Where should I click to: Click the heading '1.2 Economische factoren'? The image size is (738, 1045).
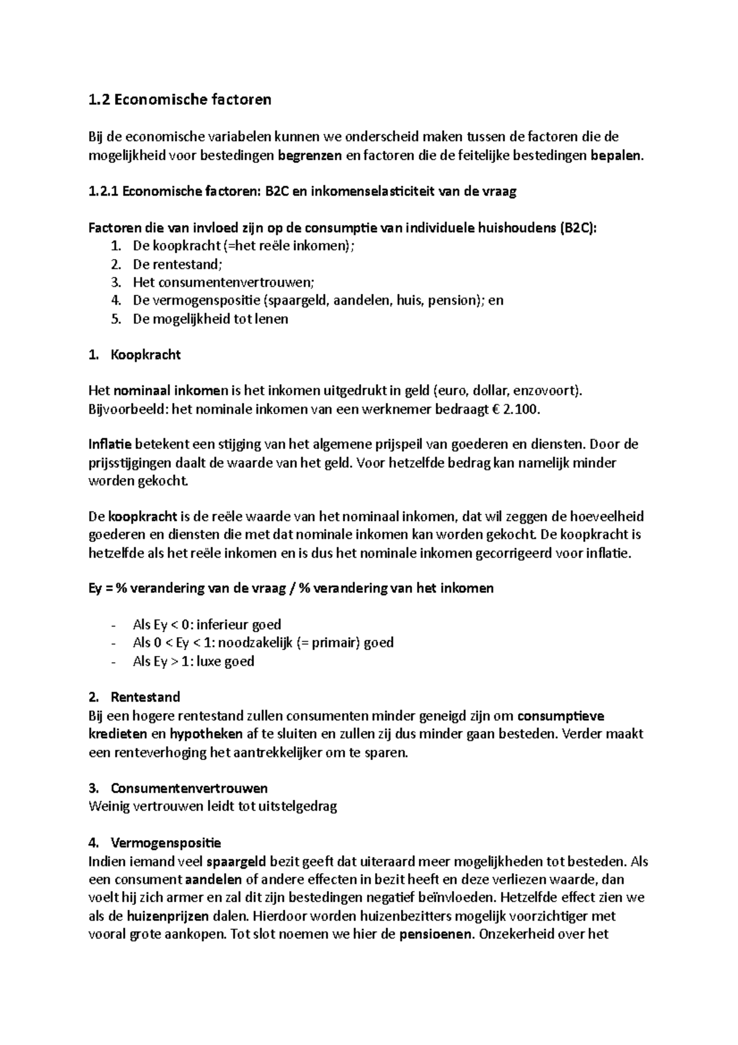click(180, 100)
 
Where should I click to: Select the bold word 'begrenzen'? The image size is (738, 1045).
click(309, 155)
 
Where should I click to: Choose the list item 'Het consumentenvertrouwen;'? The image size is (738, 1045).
click(223, 282)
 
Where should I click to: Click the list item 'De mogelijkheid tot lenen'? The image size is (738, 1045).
click(210, 319)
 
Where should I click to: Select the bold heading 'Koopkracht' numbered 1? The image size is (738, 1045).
click(146, 355)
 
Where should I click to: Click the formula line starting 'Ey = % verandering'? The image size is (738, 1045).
click(291, 588)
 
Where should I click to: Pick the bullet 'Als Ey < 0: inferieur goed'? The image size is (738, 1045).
click(207, 625)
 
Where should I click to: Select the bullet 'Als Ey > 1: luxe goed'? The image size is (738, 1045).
click(193, 662)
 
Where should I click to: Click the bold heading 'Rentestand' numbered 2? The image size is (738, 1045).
click(145, 697)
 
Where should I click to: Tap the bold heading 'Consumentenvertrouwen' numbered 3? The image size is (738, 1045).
click(189, 788)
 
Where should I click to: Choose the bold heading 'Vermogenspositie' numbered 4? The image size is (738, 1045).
click(165, 843)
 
